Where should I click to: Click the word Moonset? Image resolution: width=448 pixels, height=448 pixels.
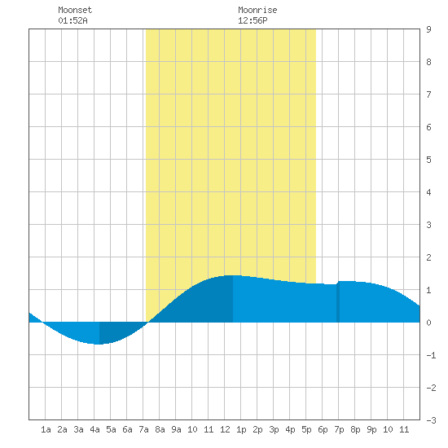point(75,10)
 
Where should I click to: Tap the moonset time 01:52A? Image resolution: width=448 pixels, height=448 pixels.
point(72,20)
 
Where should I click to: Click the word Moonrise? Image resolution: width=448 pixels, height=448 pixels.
point(257,10)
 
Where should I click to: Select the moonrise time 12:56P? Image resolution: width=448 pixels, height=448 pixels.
point(253,20)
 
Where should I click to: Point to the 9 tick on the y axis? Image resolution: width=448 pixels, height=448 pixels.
point(428,29)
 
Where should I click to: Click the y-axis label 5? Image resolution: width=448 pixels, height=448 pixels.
point(428,160)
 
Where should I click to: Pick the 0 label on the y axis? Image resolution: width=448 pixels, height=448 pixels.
point(428,323)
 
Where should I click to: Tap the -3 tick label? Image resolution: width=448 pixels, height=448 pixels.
point(431,420)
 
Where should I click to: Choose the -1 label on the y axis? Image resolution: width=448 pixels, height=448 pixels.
point(431,355)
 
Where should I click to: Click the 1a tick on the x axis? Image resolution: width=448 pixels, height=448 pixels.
point(46,429)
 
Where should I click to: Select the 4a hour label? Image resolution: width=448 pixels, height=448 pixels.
point(94,429)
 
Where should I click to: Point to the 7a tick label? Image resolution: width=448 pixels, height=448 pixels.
point(143,429)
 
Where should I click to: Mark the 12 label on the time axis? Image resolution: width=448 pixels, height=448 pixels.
point(225,429)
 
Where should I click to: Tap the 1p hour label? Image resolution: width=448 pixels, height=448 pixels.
point(241,429)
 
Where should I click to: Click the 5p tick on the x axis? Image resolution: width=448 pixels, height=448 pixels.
point(306,429)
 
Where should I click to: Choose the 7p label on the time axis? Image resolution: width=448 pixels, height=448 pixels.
point(339,429)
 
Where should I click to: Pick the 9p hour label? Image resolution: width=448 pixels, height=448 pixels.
point(371,429)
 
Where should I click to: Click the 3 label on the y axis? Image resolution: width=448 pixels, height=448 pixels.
point(428,225)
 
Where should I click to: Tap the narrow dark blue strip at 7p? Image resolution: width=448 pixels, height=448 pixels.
point(338,302)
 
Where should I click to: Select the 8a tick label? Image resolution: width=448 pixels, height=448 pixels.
point(160,429)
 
